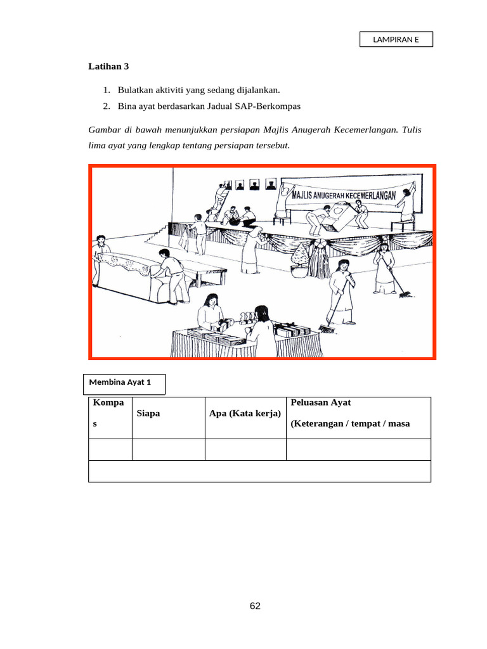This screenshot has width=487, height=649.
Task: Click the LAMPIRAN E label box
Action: [x=396, y=39]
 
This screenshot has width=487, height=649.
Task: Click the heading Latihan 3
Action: [x=109, y=67]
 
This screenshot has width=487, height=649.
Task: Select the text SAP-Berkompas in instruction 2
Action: [x=271, y=106]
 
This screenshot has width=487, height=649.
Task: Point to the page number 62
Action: [x=255, y=606]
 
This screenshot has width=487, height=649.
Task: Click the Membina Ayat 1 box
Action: [x=125, y=383]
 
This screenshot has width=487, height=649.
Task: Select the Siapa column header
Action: [x=148, y=413]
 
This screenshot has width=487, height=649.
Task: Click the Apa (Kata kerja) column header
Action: [x=245, y=413]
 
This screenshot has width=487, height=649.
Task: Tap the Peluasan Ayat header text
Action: [x=320, y=402]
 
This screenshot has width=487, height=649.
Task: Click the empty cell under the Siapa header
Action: [x=168, y=449]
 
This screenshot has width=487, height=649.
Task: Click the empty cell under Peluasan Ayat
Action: [x=358, y=449]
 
